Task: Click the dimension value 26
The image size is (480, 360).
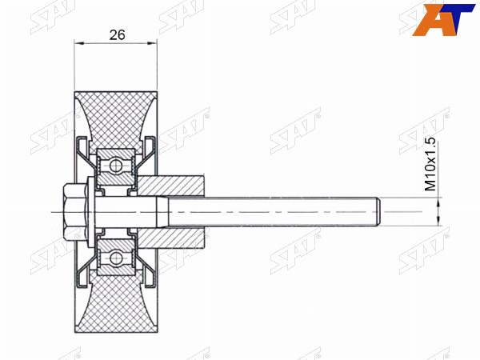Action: click(118, 35)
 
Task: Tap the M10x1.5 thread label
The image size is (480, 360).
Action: click(430, 164)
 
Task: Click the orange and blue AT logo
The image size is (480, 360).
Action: click(443, 20)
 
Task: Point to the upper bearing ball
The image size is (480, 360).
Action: click(116, 166)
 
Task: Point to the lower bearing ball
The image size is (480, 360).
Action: click(116, 258)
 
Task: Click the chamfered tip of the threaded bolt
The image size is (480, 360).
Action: click(378, 212)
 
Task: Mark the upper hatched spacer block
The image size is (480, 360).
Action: click(170, 186)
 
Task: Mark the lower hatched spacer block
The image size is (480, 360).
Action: click(170, 238)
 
